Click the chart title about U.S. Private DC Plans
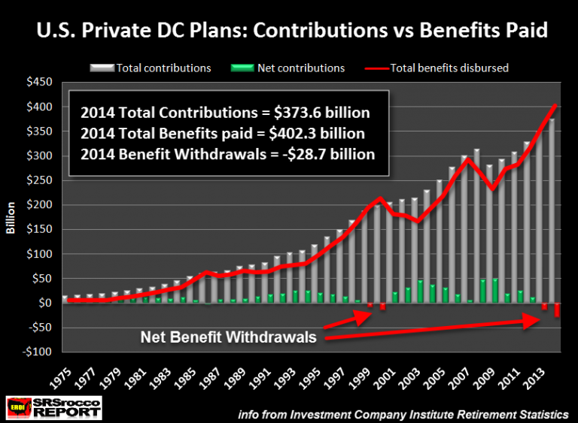(x=289, y=32)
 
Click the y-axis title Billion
(x=13, y=218)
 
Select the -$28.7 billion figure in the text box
(x=329, y=156)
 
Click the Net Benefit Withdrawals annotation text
(x=229, y=338)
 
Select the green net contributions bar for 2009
(x=495, y=291)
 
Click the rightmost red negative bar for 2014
(x=557, y=310)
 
